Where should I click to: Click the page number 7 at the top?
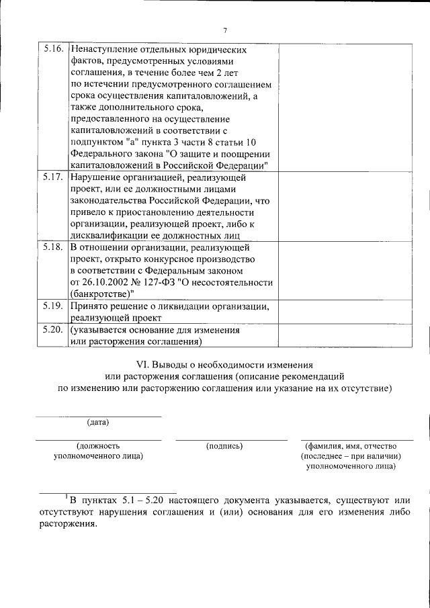[225, 30]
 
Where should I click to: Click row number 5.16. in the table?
[53, 50]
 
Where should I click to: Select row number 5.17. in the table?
[53, 178]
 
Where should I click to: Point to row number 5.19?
[53, 306]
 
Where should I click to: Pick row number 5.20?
[53, 331]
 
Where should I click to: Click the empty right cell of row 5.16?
[337, 107]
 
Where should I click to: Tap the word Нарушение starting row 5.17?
[93, 178]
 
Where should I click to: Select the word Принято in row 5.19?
[89, 306]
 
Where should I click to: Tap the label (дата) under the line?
[98, 422]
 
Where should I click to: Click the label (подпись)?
[224, 445]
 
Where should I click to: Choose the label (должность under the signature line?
[98, 445]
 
